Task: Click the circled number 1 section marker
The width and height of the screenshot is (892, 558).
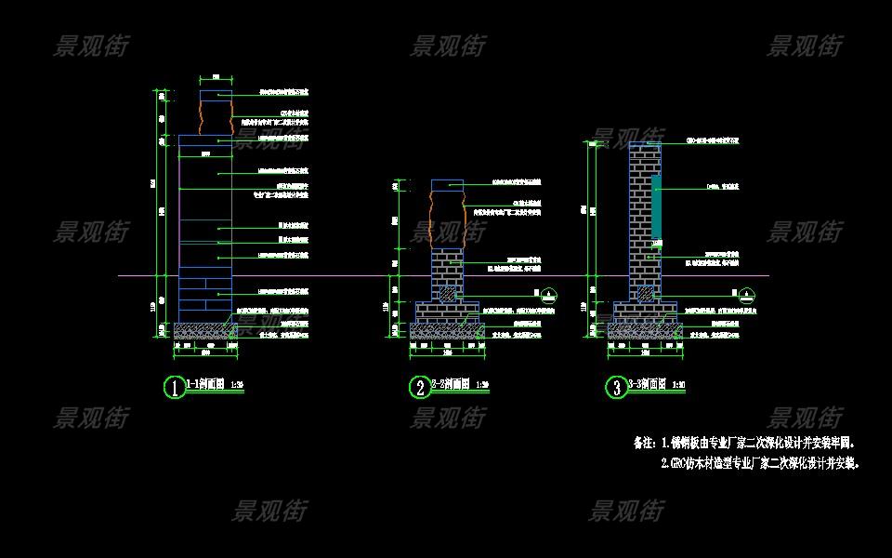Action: (174, 387)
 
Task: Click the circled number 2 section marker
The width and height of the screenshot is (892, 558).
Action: (419, 387)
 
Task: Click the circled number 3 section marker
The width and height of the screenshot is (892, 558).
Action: (616, 387)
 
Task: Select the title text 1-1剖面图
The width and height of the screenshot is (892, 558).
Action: (205, 383)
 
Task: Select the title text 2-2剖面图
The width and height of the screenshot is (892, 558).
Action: (451, 383)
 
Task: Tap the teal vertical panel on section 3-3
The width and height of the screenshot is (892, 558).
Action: (656, 206)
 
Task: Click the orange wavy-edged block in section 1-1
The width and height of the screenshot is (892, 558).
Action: (216, 118)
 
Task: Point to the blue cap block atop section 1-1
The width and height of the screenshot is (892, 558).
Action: (216, 95)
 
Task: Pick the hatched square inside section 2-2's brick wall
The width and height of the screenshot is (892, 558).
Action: (447, 294)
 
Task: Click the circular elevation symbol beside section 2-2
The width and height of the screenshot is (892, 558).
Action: (549, 294)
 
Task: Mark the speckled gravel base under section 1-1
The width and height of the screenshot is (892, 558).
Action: (205, 330)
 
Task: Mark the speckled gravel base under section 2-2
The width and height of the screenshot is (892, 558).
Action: (446, 330)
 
